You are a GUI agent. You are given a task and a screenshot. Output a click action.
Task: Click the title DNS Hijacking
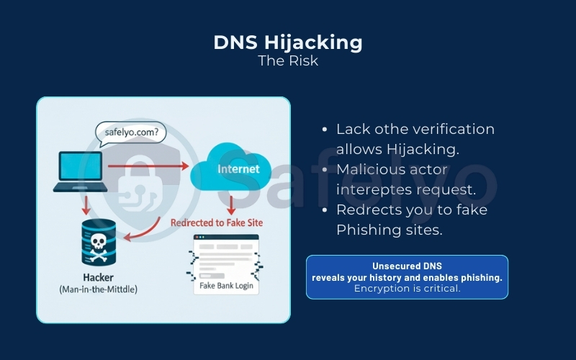coord(288,42)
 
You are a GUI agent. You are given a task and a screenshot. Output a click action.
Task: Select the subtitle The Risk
coord(288,60)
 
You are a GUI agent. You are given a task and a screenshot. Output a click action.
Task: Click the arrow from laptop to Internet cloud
coord(148,166)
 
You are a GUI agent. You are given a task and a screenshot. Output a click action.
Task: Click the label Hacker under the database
coord(99,276)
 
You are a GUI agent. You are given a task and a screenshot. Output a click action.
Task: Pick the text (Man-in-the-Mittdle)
coord(99,289)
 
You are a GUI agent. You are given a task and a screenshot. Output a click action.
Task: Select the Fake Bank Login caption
coord(227,286)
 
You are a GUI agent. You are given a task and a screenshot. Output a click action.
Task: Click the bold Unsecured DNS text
coord(407,266)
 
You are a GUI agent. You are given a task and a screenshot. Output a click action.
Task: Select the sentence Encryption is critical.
coord(407,289)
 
